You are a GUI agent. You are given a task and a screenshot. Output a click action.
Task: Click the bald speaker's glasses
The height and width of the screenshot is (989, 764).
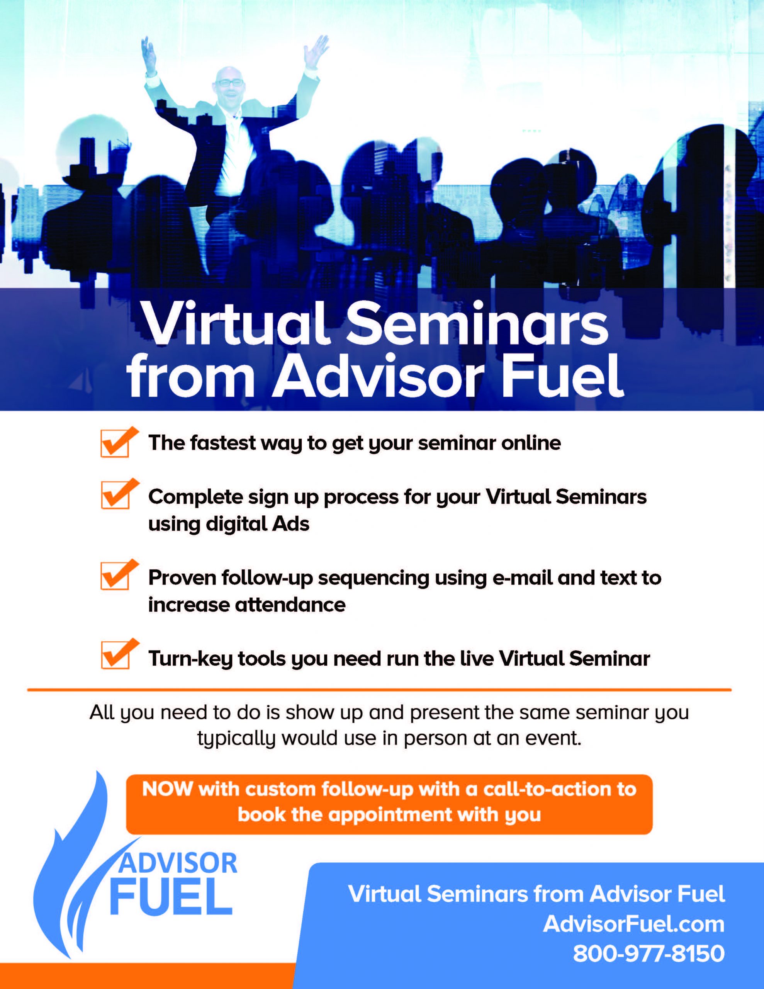(229, 83)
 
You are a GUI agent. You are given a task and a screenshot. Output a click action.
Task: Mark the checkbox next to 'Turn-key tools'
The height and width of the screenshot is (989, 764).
(115, 655)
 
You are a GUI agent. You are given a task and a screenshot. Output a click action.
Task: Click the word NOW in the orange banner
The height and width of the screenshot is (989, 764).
(168, 789)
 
